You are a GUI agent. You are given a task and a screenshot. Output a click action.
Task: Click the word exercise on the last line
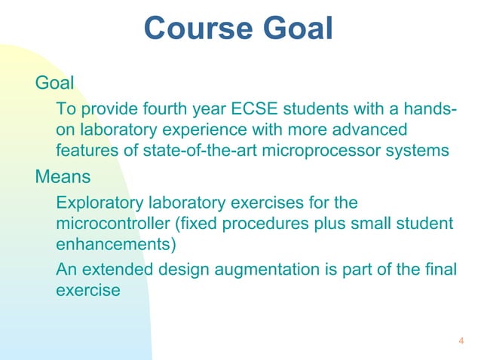pos(87,290)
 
